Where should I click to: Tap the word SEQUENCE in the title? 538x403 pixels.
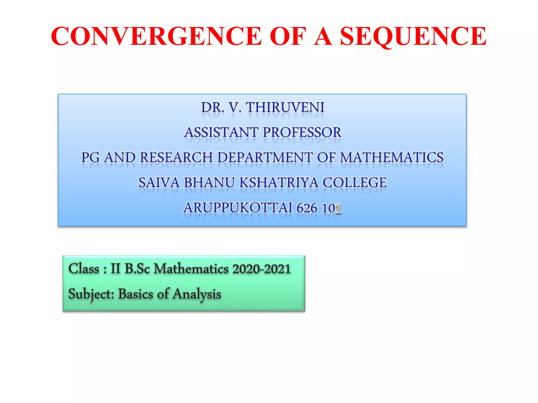[413, 36]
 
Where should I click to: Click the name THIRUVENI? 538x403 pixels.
[285, 108]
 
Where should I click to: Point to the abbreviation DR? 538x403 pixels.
[213, 108]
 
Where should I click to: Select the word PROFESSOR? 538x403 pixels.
[302, 132]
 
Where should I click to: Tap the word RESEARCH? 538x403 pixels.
[176, 157]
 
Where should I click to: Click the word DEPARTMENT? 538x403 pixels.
[265, 157]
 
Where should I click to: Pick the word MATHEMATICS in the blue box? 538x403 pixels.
[392, 157]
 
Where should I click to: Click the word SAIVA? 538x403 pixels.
[159, 183]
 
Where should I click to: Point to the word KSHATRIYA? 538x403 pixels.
[279, 183]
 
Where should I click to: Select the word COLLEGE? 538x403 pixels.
[355, 183]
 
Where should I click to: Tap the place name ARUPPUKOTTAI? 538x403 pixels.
[237, 208]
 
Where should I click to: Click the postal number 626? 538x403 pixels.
[307, 208]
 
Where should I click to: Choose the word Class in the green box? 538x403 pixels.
[84, 269]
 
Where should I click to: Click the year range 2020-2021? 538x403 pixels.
[261, 269]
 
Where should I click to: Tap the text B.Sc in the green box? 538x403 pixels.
[137, 269]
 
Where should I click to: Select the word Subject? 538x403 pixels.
[91, 294]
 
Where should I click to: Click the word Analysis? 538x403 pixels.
[197, 294]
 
